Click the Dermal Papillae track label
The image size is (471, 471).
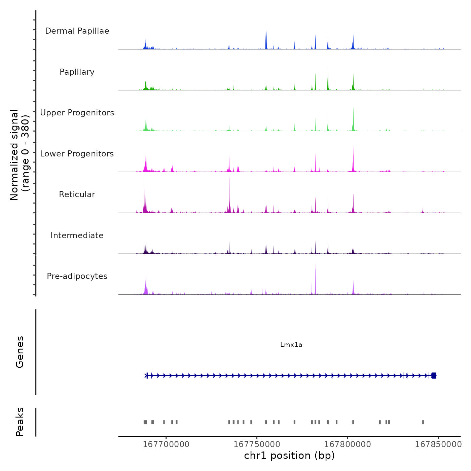(77, 31)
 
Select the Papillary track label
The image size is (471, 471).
(77, 72)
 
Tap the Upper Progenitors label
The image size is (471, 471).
(77, 113)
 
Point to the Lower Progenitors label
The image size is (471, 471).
(77, 154)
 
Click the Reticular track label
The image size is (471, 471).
(77, 194)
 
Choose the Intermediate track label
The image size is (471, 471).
(77, 235)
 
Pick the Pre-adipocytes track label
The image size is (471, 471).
(77, 276)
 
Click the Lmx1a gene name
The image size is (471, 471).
(291, 345)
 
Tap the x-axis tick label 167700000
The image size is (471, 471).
(166, 444)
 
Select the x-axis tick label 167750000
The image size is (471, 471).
(257, 444)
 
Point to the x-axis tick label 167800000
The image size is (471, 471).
(348, 444)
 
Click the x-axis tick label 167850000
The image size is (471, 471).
(438, 444)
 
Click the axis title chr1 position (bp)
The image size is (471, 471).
(289, 456)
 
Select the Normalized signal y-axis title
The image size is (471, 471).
(20, 155)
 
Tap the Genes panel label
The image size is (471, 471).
(20, 352)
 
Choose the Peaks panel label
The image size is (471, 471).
(20, 422)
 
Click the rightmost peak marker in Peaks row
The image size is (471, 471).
(423, 422)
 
